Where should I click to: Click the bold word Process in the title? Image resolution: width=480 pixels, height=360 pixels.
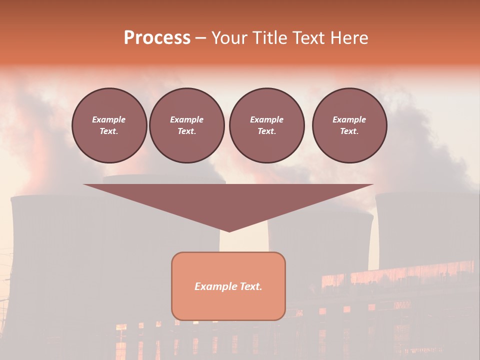[x=157, y=38]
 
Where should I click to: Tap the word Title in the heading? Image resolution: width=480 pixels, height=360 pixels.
[x=268, y=38]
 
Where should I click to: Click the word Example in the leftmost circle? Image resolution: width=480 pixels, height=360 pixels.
[x=109, y=119]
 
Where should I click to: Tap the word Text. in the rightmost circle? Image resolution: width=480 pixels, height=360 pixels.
[x=349, y=131]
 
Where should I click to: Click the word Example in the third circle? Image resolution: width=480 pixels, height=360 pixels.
[x=266, y=119]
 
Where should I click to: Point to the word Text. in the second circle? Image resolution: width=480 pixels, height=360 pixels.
[x=186, y=131]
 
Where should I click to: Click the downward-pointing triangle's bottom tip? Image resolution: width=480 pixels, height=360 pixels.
[x=229, y=230]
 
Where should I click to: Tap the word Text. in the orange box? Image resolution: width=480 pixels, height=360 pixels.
[x=250, y=286]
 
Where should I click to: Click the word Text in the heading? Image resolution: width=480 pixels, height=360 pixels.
[x=307, y=38]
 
